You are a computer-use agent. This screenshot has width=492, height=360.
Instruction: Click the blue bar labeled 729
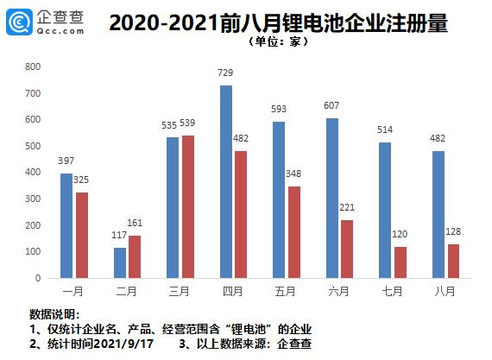[226, 181]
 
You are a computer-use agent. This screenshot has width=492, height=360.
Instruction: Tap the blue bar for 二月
[120, 262]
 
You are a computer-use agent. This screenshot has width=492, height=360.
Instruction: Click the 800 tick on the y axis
[34, 66]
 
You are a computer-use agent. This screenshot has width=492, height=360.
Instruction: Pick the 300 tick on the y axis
[34, 199]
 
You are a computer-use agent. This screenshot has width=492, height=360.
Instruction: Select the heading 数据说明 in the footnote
[54, 313]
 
